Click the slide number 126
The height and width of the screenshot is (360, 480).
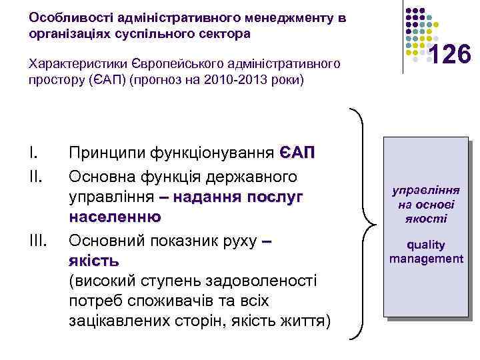(x=451, y=54)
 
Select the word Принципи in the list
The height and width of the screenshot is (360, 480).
(x=107, y=153)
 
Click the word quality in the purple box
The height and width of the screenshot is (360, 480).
(x=426, y=245)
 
